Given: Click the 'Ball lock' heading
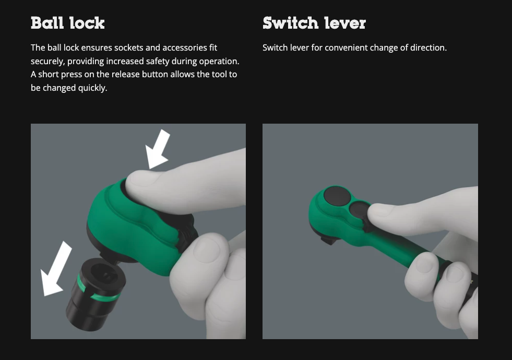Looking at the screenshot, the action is pos(68,23).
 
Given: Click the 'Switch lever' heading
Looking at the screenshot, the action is pos(314,23).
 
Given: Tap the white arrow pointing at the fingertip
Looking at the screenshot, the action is pos(158,149).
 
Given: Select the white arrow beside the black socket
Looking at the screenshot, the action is pos(56,269).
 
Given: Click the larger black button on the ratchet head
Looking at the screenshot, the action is pos(337,196).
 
